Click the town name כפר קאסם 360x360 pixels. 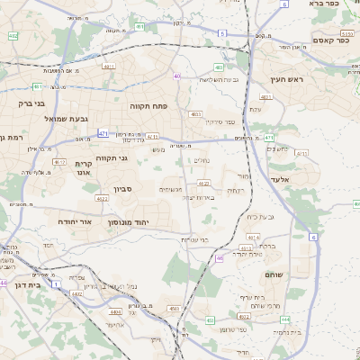[x=329, y=39]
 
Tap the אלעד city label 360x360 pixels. [x=300, y=179]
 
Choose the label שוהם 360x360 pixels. [x=274, y=274]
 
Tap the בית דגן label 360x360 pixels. [x=30, y=284]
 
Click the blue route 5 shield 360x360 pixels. [x=221, y=33]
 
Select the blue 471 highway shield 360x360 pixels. [x=103, y=133]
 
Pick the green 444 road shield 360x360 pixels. [x=284, y=319]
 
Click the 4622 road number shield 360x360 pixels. [x=101, y=198]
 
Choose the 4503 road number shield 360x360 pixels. [x=172, y=309]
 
